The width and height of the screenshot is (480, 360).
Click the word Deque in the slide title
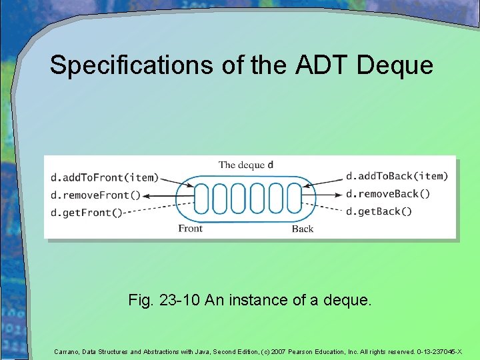(395, 66)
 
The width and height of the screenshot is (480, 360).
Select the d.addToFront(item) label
(105, 178)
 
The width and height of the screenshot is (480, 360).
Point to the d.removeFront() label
(95, 195)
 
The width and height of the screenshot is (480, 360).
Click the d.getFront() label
(87, 212)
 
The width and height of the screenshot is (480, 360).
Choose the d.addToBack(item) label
(397, 177)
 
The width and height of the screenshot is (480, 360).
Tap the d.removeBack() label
(388, 194)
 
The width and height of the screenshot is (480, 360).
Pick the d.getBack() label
(379, 211)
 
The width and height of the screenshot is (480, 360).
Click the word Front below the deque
(191, 229)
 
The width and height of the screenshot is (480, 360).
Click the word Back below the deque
(303, 229)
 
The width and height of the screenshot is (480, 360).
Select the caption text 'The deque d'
(246, 165)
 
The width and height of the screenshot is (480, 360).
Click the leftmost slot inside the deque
(201, 198)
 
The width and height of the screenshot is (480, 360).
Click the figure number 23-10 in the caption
(180, 301)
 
